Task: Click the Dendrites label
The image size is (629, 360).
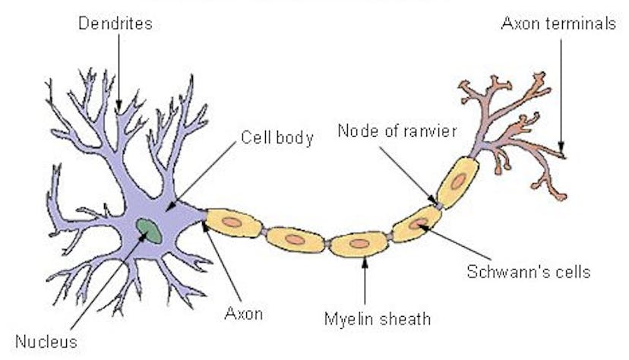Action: pos(115,24)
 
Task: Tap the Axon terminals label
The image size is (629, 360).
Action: pos(558,24)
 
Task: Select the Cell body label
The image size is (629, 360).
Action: pos(277,138)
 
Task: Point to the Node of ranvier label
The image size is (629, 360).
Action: pos(397,131)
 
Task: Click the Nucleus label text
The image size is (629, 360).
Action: pos(46,341)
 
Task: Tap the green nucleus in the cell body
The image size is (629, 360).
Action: pos(149,229)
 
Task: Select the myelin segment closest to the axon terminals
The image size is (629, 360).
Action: pos(457,182)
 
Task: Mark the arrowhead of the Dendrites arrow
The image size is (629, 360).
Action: pos(119,106)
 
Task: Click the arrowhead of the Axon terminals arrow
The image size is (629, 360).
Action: pos(562,149)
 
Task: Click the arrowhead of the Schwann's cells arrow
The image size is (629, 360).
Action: pos(422,225)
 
